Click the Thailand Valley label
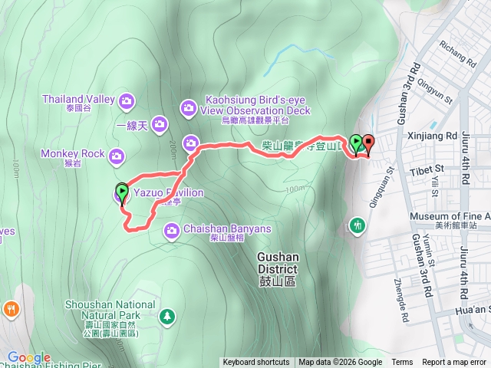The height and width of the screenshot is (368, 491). tap(77, 99)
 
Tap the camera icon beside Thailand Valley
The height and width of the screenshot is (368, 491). tap(127, 100)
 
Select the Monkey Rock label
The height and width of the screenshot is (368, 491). tap(74, 153)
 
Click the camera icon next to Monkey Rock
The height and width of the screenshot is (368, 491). tap(116, 157)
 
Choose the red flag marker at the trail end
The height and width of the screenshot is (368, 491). tap(369, 143)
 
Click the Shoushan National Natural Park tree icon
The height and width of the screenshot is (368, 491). tap(166, 315)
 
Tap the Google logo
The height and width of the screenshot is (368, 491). tap(28, 357)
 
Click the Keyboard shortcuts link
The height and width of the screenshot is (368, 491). tap(256, 363)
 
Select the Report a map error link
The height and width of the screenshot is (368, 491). tap(455, 363)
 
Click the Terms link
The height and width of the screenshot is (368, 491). tap(402, 363)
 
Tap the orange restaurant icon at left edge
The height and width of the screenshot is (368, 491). tap(11, 309)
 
